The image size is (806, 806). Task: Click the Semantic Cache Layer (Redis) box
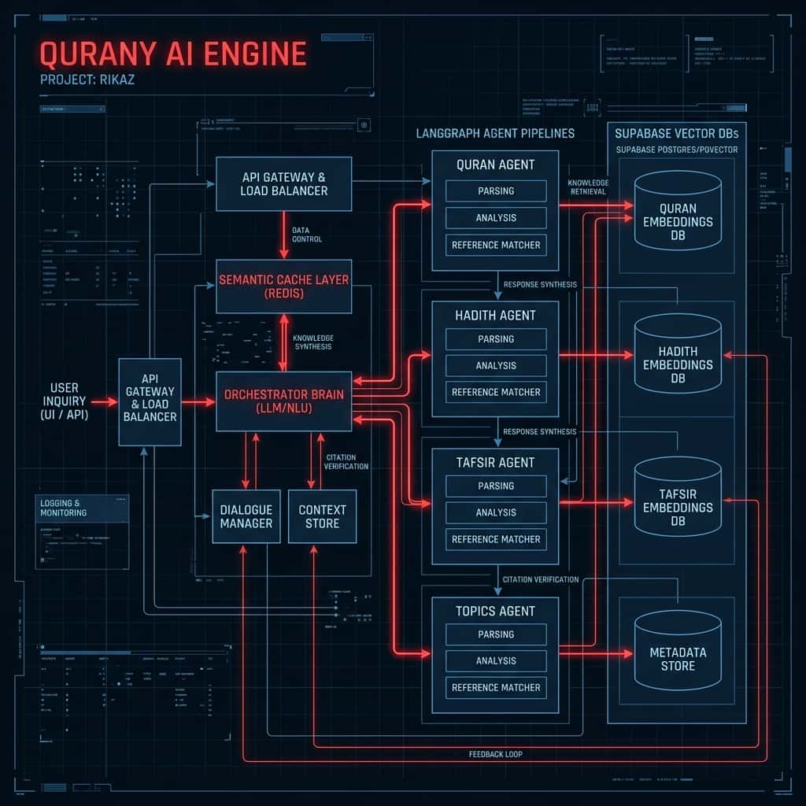(283, 287)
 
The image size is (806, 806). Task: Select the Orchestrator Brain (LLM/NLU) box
(283, 401)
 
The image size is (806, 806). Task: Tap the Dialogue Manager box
(246, 516)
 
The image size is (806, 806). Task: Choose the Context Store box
(322, 516)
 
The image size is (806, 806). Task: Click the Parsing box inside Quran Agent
(496, 191)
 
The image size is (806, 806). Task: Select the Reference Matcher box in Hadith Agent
(496, 392)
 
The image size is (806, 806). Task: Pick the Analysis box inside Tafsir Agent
(496, 512)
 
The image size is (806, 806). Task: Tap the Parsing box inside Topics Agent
(496, 634)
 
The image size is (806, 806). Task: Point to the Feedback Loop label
(496, 754)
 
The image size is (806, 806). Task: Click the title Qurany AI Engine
(172, 54)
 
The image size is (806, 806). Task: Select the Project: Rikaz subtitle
(87, 79)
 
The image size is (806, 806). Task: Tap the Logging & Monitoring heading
(64, 508)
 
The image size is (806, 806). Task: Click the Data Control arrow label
(306, 234)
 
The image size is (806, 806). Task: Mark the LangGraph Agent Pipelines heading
(495, 134)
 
